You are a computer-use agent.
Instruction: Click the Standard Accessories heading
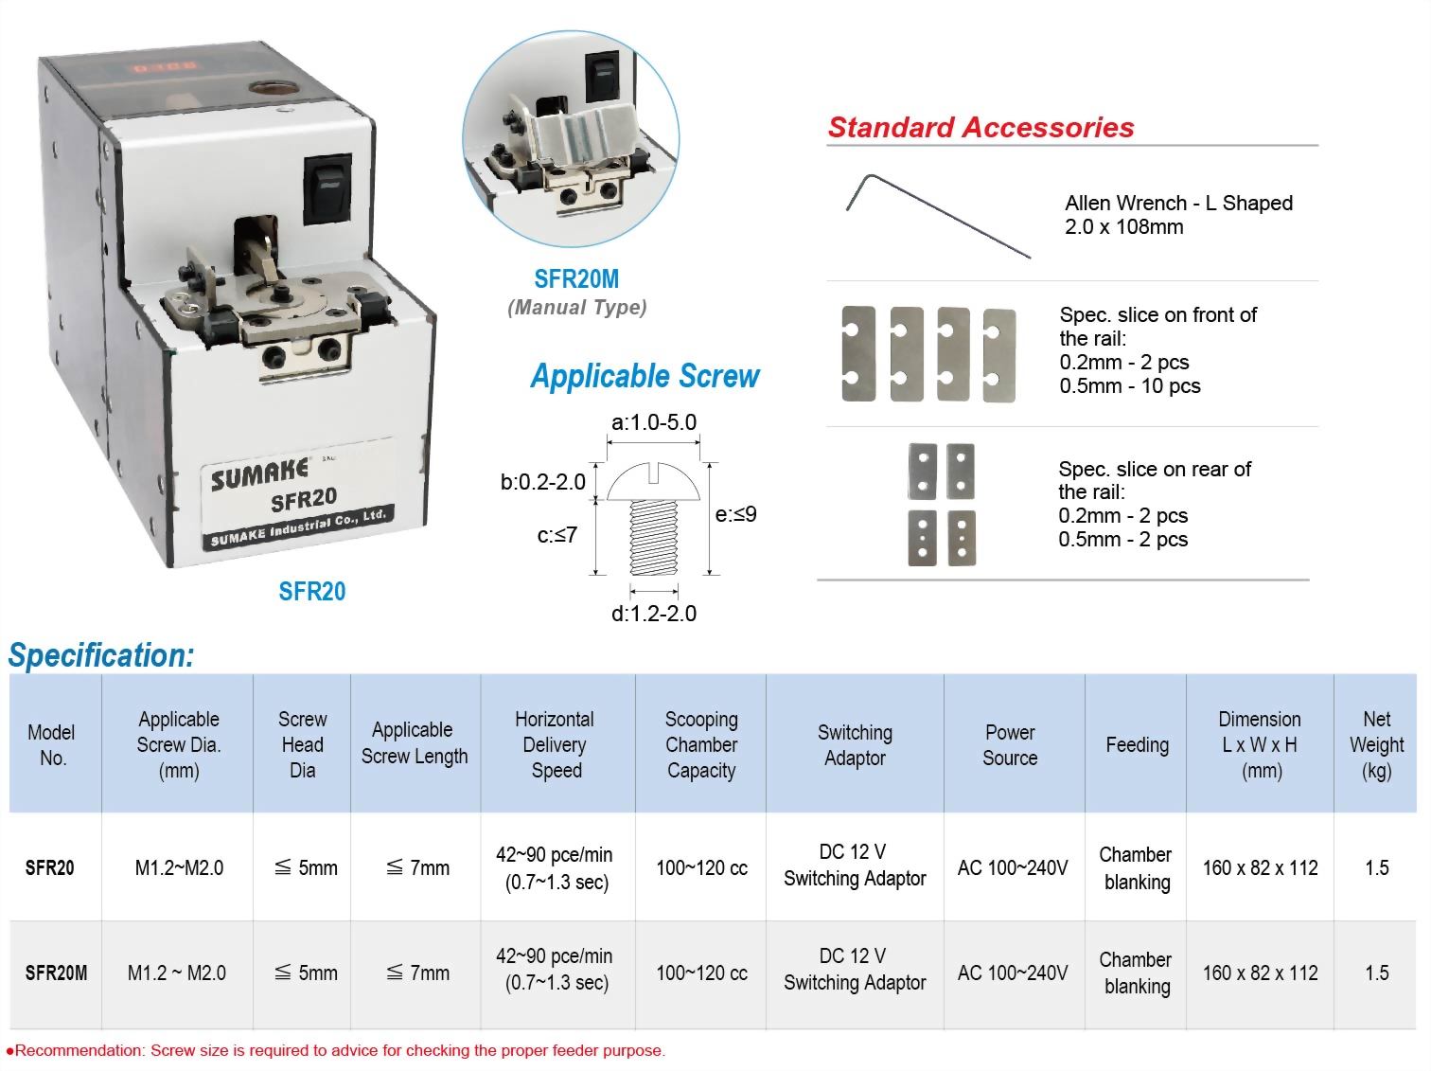click(980, 128)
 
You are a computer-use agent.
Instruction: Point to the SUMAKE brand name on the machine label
click(259, 473)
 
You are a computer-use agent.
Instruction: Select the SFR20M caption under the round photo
click(576, 279)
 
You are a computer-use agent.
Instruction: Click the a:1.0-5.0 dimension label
click(654, 422)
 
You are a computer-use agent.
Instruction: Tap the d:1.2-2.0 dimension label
click(653, 614)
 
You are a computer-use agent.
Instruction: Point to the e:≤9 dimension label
click(735, 514)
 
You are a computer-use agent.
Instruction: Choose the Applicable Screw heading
click(645, 376)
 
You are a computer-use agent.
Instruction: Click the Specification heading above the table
click(101, 655)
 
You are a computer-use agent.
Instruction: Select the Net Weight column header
click(1376, 744)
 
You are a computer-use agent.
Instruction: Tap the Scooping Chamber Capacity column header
click(700, 744)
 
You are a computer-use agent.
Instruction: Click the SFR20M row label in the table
click(56, 973)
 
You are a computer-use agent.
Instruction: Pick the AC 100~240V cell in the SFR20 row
click(1012, 867)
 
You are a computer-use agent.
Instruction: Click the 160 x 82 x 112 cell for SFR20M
click(1260, 973)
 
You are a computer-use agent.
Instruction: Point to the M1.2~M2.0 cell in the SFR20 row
click(179, 867)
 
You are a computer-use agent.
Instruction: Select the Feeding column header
click(1137, 745)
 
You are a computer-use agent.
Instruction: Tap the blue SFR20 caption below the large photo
click(312, 592)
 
